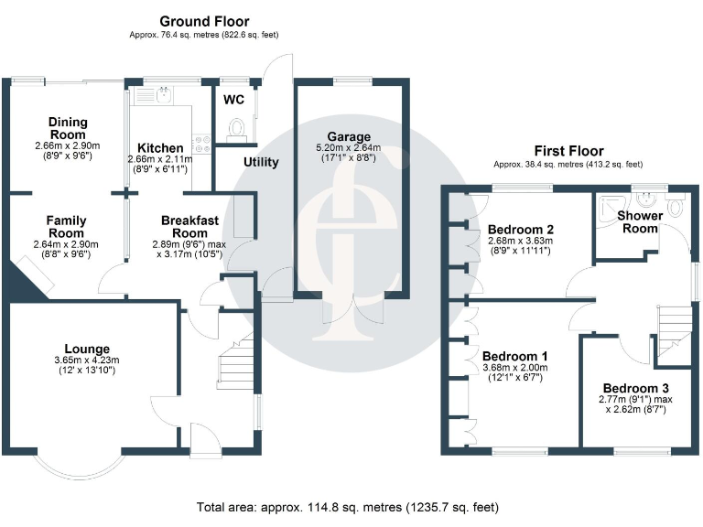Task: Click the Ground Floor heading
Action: point(204,21)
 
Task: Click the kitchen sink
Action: point(164,93)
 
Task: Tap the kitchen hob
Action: point(201,142)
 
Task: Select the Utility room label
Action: point(261,162)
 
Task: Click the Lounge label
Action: point(88,349)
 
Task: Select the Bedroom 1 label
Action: point(515,357)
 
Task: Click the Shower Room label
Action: point(640,221)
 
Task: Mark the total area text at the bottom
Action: point(348,507)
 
